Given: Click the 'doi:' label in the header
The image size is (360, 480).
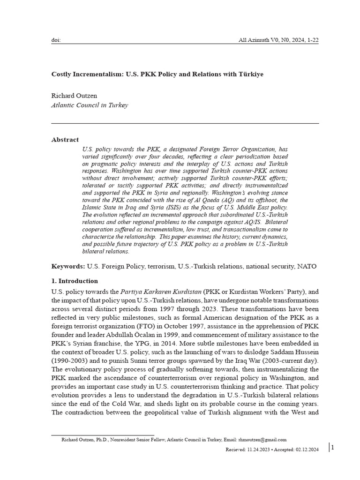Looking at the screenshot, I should click(55, 40).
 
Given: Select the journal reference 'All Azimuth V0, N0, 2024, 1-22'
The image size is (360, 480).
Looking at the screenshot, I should click(279, 40).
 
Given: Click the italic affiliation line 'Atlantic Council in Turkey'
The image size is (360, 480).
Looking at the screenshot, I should click(89, 105).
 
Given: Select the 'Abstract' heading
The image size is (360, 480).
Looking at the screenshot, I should click(65, 140).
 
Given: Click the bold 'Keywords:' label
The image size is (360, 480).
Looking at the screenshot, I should click(68, 266).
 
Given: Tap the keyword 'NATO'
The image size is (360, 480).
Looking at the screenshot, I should click(307, 266).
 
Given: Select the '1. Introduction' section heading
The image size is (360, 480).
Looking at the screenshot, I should click(75, 281).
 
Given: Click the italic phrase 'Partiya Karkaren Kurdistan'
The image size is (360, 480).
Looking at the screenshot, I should click(160, 292).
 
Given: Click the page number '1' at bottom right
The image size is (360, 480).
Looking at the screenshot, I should click(332, 448).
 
